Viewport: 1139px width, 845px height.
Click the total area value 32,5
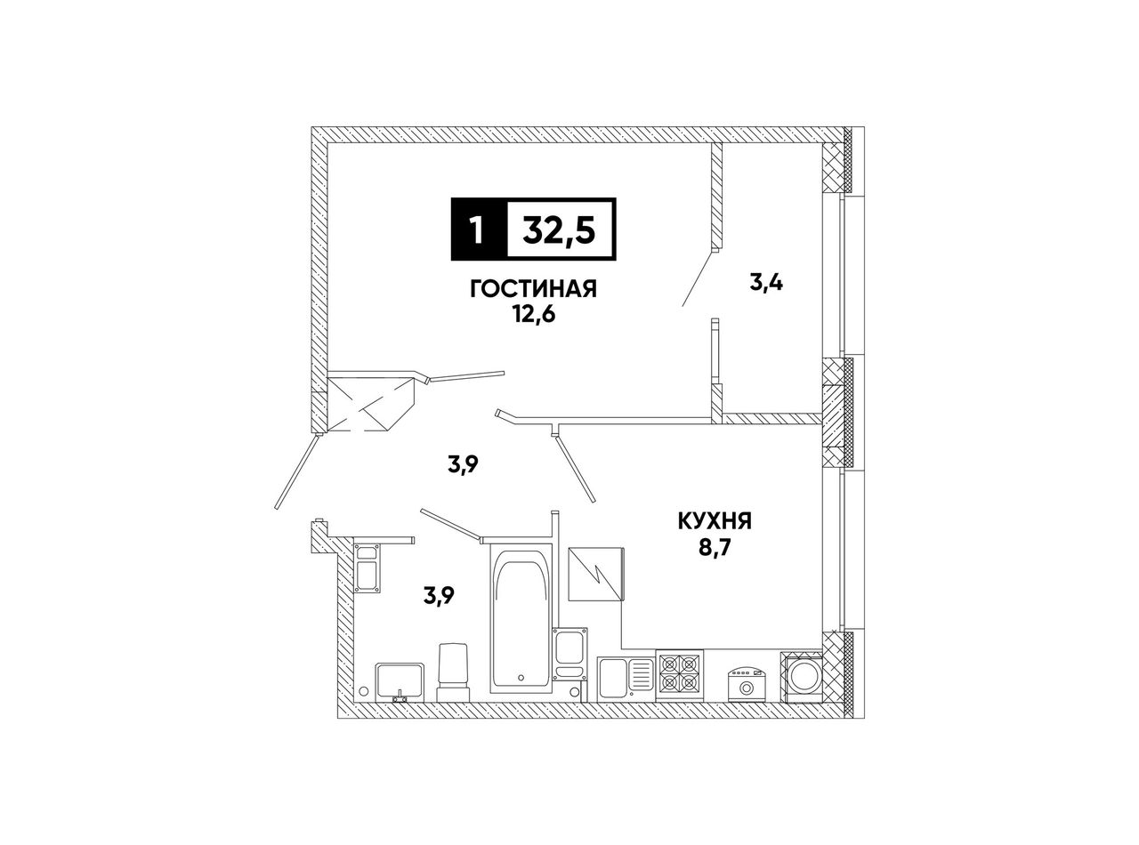pos(559,229)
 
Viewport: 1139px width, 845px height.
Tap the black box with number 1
pos(479,229)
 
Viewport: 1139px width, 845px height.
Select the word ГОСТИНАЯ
pos(534,290)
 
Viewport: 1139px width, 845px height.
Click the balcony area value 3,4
pos(765,282)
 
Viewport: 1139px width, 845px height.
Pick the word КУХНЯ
pos(715,522)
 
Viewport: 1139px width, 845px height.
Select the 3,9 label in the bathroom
pos(439,597)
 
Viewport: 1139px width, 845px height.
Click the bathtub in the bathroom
pos(521,618)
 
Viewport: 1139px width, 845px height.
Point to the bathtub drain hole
pos(521,678)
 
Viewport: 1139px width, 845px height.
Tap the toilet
pos(454,672)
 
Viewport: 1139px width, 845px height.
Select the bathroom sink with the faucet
pos(400,681)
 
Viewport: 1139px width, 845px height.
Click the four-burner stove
pos(680,676)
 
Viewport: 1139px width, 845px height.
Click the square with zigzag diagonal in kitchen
pos(596,574)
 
